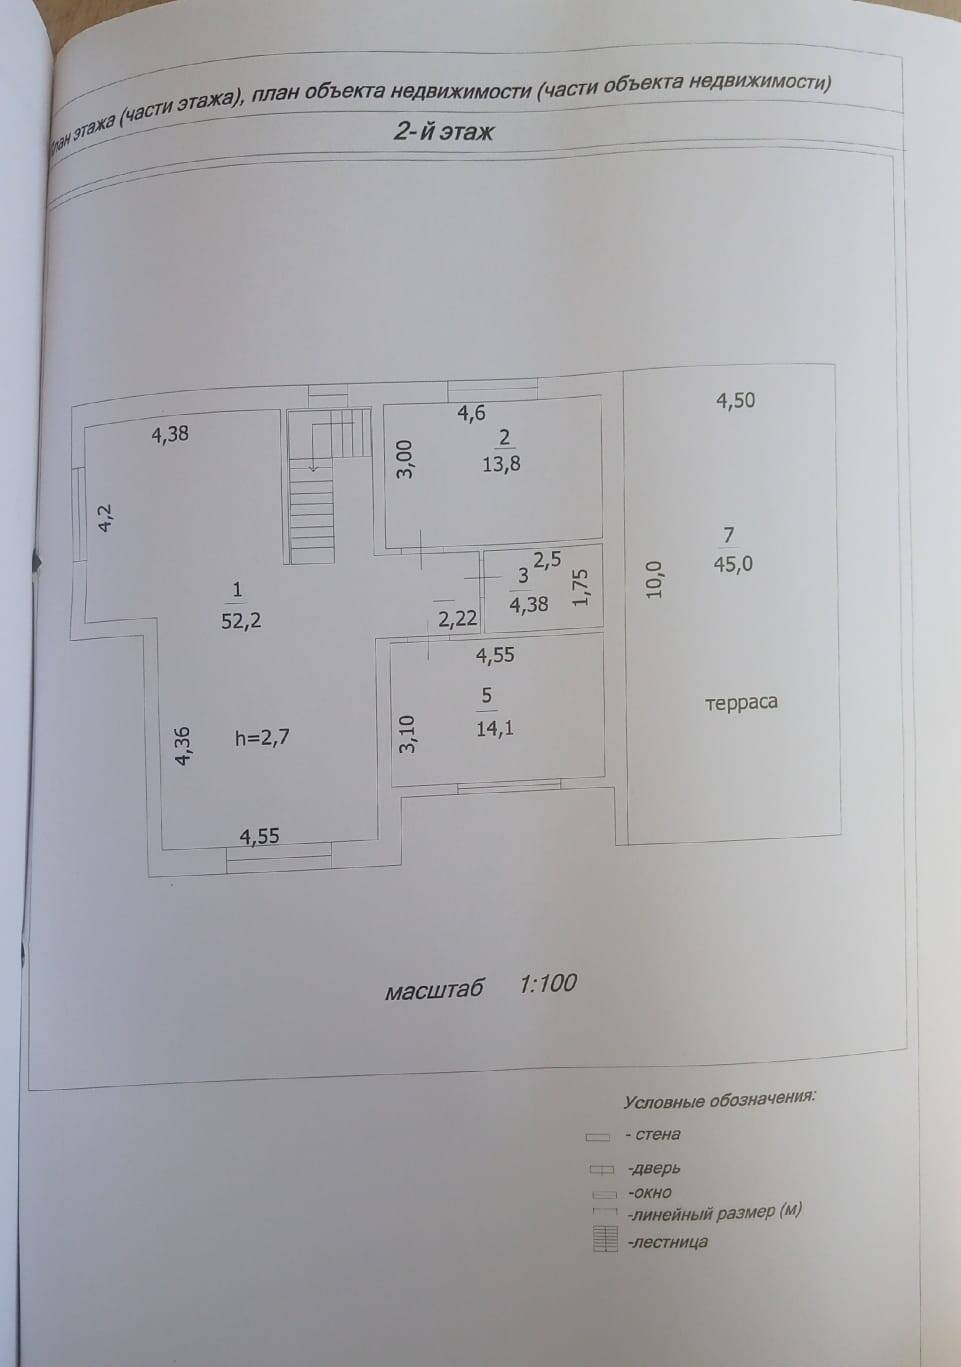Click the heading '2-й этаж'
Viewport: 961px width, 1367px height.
[x=444, y=131]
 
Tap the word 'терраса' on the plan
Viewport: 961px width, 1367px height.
[x=741, y=702]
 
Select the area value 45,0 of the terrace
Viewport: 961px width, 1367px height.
[x=733, y=564]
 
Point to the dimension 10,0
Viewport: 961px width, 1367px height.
[x=655, y=578]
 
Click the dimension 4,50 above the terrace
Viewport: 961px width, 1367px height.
[x=735, y=401]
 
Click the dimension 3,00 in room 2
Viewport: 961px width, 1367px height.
[x=404, y=459]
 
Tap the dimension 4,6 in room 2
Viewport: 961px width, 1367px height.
[x=471, y=412]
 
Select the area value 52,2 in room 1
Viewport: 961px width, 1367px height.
[x=241, y=620]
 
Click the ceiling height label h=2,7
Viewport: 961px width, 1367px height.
[x=263, y=738]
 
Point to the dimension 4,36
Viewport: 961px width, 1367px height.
[x=183, y=746]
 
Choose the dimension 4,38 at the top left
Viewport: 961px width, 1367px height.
[x=170, y=434]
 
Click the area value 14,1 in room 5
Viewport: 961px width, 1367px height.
[x=495, y=728]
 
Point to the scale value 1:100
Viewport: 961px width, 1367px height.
[x=548, y=983]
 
